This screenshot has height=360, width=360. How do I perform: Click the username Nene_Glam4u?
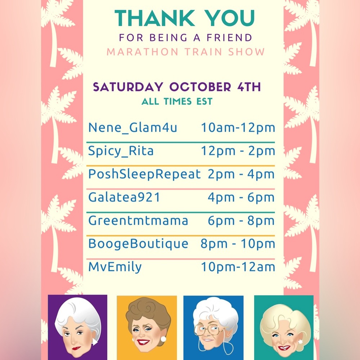(x=132, y=128)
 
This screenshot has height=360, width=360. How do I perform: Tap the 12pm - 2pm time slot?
(x=238, y=151)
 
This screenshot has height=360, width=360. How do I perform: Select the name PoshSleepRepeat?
(x=144, y=174)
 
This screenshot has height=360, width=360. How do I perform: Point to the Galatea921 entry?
(x=124, y=197)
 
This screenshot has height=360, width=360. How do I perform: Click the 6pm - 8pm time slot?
(x=241, y=220)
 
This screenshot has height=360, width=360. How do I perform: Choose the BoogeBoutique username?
(x=138, y=244)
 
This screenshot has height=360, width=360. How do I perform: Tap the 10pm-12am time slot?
(x=238, y=267)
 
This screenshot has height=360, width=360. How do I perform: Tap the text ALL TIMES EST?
(x=177, y=102)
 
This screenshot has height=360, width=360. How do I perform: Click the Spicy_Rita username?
(x=121, y=151)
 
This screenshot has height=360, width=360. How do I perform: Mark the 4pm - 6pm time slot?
(x=241, y=197)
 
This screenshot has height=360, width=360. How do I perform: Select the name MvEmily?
(x=115, y=267)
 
